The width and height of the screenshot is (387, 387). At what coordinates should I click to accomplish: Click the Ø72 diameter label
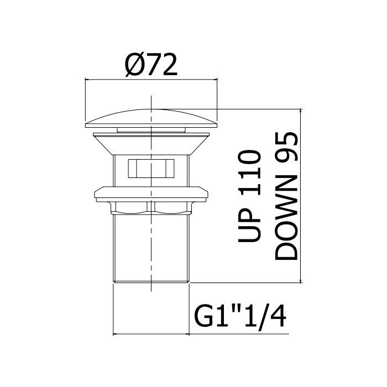(151, 65)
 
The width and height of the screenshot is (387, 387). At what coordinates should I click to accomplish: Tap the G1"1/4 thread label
(240, 317)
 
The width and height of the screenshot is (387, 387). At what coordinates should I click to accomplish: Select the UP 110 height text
(249, 196)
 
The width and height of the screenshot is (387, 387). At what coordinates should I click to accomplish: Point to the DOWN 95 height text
(286, 196)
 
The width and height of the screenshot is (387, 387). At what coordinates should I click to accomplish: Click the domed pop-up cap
(151, 119)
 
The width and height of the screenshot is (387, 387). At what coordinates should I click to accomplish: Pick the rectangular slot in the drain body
(151, 168)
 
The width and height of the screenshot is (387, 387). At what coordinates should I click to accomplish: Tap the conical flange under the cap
(151, 144)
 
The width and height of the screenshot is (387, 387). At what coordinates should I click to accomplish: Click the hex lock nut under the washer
(151, 208)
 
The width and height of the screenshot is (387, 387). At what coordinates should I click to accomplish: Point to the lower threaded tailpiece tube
(151, 248)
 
